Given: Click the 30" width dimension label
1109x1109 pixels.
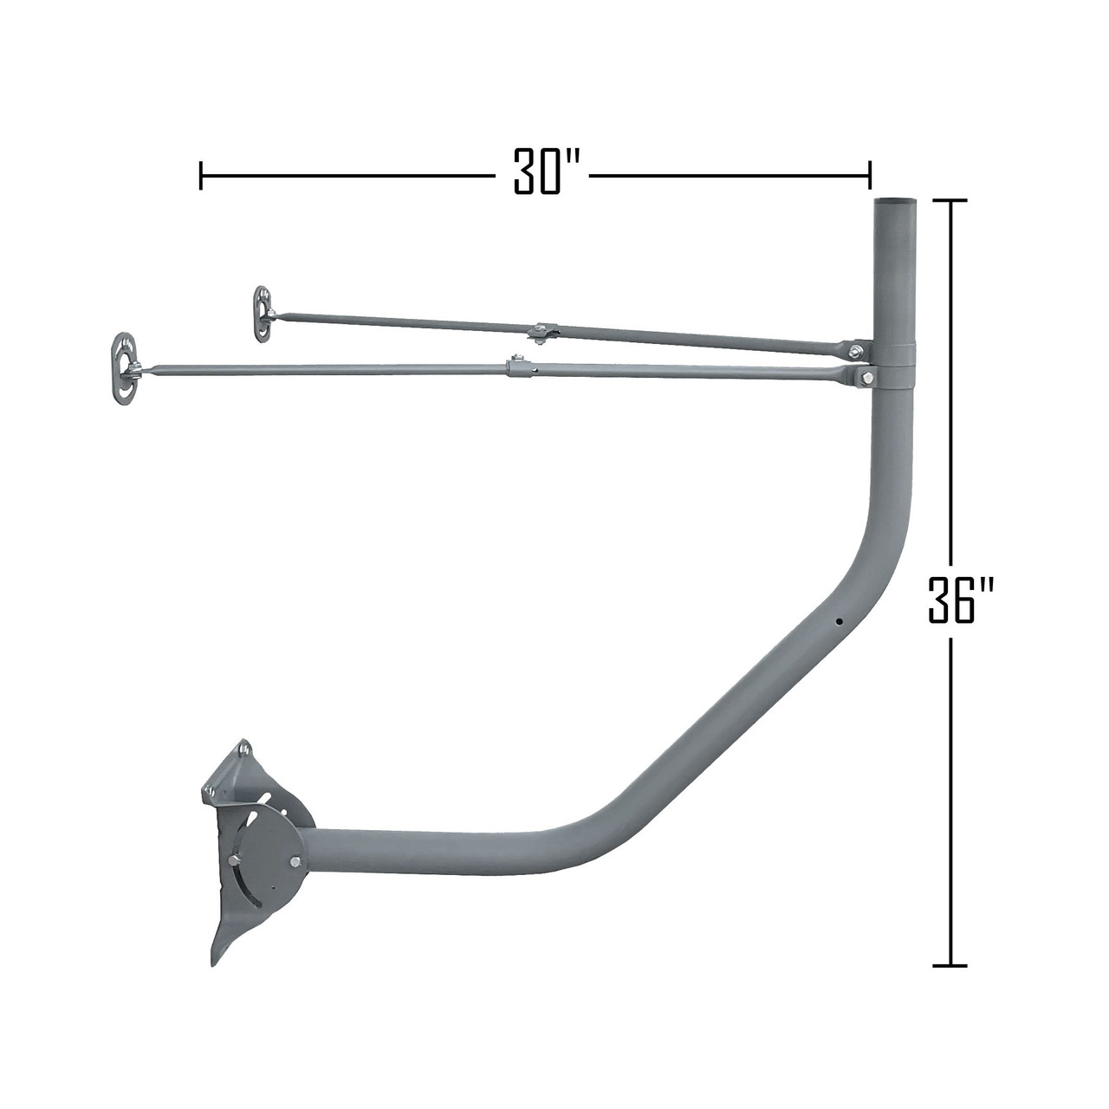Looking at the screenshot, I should [537, 173].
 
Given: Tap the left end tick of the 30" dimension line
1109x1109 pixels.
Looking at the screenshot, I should [201, 174].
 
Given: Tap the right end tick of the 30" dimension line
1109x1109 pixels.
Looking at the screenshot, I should [869, 174].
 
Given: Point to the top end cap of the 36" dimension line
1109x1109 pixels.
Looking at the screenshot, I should [950, 200].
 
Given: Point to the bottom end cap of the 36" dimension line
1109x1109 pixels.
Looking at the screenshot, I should [950, 964].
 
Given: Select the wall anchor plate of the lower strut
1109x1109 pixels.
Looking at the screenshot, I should [126, 367].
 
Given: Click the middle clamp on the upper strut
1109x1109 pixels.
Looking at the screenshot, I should [542, 333].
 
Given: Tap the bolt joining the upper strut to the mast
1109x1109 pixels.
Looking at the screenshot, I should [856, 350].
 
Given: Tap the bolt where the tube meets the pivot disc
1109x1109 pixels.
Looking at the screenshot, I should [297, 862].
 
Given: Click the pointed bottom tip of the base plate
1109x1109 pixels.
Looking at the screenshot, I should [213, 961].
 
